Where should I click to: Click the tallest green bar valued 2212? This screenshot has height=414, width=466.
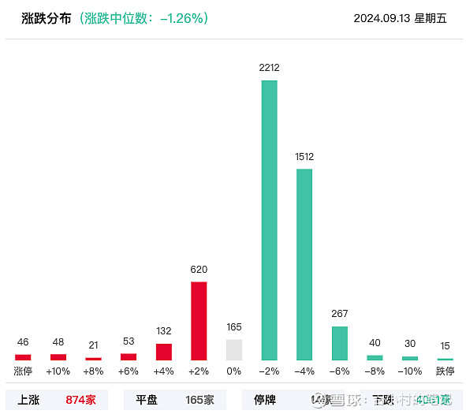click(270, 220)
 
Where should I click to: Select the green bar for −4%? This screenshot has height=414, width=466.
click(304, 264)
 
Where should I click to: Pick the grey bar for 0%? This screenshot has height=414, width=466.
click(234, 349)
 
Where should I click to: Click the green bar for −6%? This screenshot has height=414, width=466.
click(340, 343)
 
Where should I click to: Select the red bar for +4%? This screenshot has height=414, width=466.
click(164, 352)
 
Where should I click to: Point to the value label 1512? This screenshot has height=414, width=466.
click(304, 157)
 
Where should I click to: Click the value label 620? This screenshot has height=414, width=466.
click(199, 270)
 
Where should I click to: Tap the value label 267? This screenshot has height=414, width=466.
click(340, 314)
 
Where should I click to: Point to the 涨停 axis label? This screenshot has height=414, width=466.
click(23, 371)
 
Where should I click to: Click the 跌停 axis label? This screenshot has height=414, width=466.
click(445, 371)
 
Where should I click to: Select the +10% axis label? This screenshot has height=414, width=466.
click(58, 371)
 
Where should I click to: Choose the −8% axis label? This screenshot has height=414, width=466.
click(375, 371)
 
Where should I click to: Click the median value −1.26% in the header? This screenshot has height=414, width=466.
click(183, 18)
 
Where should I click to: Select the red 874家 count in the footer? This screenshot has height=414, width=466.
click(80, 400)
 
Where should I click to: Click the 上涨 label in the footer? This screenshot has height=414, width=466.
click(28, 400)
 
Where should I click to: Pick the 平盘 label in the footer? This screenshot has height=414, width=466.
click(147, 400)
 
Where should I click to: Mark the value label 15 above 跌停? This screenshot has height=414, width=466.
click(445, 345)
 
